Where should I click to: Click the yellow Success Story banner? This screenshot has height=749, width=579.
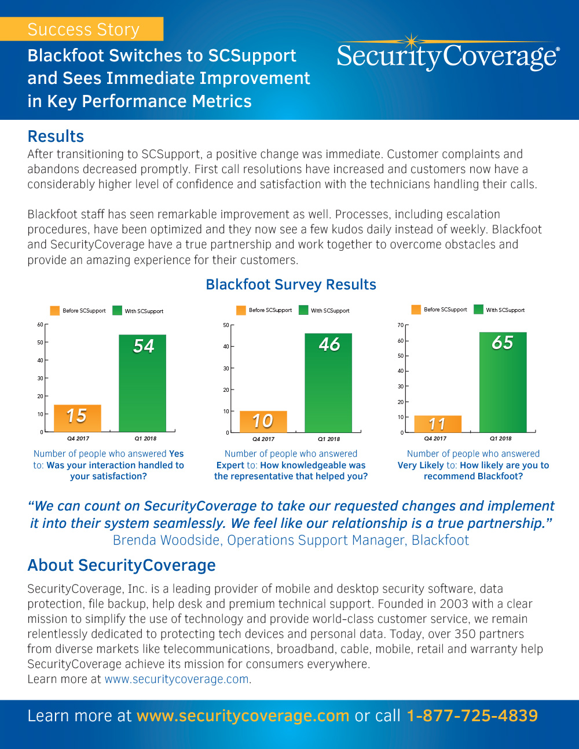click(x=82, y=29)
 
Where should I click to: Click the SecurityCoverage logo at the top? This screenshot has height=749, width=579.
click(x=448, y=56)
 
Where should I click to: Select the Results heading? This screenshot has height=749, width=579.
click(x=56, y=137)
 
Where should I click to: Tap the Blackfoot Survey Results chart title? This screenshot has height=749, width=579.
click(x=291, y=285)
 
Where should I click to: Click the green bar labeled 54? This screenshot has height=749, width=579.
click(x=142, y=383)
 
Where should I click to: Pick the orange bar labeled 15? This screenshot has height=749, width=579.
click(x=77, y=418)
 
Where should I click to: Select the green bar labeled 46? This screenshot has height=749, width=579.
click(x=328, y=383)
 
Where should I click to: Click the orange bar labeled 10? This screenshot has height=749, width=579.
click(x=263, y=421)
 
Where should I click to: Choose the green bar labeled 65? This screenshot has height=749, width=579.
click(x=503, y=382)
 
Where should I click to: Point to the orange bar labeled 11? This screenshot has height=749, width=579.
click(x=438, y=424)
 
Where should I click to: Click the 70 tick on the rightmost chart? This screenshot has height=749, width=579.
click(x=400, y=325)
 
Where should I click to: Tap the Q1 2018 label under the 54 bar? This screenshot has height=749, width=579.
click(x=145, y=439)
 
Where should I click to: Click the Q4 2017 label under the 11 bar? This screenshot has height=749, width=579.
click(x=435, y=439)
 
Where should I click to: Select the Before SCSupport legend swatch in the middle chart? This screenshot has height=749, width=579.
click(x=241, y=310)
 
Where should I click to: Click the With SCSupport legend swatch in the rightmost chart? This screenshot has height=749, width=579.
click(x=478, y=310)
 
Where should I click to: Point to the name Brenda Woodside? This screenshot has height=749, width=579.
click(x=166, y=540)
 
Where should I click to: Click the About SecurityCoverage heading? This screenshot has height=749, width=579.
click(x=122, y=566)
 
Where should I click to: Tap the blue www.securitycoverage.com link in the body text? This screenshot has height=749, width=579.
click(x=177, y=679)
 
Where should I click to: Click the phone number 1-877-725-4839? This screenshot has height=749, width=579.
click(x=472, y=716)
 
